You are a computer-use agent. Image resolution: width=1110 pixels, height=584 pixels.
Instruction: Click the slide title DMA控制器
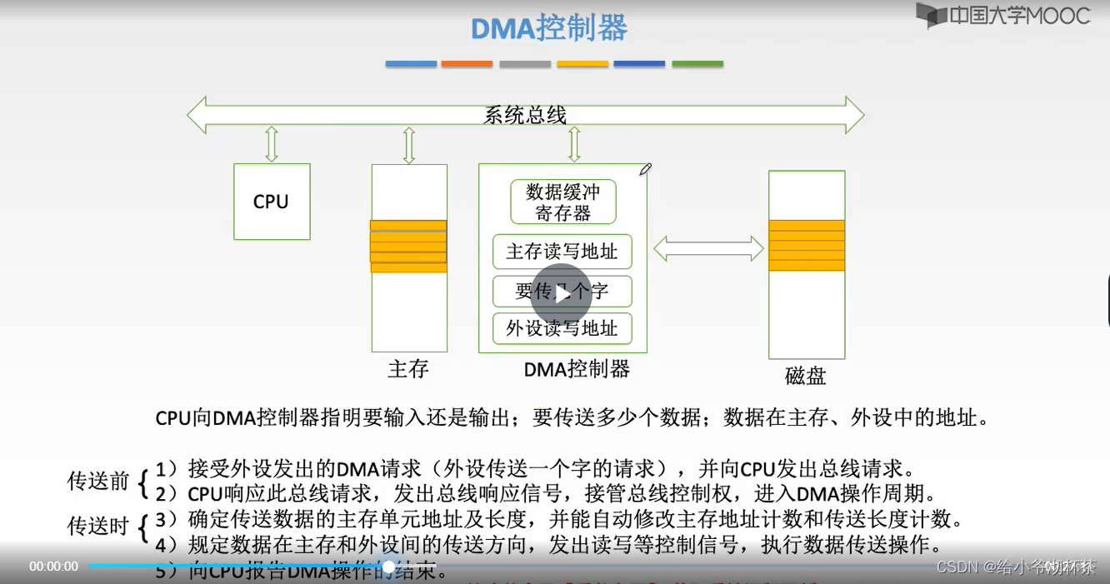[x=549, y=28]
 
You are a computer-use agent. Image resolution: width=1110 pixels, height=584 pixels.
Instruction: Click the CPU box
[x=271, y=202]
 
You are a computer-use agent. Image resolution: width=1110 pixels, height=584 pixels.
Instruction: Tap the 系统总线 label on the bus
[x=525, y=115]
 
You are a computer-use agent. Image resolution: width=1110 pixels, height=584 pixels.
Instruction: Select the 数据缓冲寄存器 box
[x=562, y=202]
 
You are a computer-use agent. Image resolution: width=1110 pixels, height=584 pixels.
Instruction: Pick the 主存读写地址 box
[x=562, y=252]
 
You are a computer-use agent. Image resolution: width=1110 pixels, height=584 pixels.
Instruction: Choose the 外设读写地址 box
[x=562, y=328]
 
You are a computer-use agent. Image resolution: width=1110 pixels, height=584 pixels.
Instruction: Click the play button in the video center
[x=562, y=293]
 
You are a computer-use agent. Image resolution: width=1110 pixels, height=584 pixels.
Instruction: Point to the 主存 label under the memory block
[x=408, y=368]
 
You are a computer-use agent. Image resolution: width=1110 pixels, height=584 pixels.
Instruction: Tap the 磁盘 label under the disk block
[x=805, y=375]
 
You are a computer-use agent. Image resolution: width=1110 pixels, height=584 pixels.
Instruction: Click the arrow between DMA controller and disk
[x=708, y=247]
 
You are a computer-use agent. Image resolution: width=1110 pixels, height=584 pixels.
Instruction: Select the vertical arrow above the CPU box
[x=271, y=144]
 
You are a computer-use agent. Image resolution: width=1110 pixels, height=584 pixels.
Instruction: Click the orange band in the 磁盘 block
[x=806, y=245]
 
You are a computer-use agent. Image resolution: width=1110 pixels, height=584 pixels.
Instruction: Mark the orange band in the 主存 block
[x=408, y=247]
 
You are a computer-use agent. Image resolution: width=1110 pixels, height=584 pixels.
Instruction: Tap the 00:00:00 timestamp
[x=53, y=567]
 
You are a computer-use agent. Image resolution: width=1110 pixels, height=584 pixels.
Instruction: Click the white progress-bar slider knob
[x=388, y=567]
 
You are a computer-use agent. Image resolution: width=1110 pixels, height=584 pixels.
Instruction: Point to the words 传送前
[x=98, y=481]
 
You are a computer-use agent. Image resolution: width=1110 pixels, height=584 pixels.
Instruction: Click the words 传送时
[x=98, y=526]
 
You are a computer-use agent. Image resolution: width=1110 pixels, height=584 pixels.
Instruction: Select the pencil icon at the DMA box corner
[x=645, y=169]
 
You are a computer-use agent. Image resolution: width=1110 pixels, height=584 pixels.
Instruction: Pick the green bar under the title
[x=697, y=63]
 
